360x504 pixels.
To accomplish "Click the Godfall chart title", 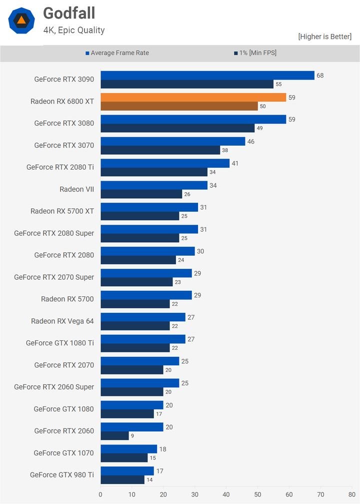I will [x=69, y=14].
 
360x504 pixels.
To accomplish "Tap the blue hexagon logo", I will [x=21, y=21].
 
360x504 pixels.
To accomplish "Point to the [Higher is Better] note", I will [x=324, y=37].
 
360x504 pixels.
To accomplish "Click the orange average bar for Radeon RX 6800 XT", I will [x=193, y=98].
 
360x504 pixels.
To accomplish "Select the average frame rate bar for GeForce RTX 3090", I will [x=207, y=76].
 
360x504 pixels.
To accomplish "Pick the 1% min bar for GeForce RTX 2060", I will [x=114, y=436].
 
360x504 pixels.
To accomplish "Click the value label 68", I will [x=320, y=76].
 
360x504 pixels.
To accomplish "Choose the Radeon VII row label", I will [x=76, y=189].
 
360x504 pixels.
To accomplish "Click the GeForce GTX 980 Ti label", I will [x=62, y=475].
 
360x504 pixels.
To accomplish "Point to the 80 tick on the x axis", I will [x=352, y=494].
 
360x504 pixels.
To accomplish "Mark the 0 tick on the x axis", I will [x=100, y=494].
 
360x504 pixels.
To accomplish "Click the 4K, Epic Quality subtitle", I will [x=74, y=30].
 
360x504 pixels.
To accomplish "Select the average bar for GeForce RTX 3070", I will [x=173, y=142].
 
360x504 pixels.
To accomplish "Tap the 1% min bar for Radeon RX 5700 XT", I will [x=140, y=216].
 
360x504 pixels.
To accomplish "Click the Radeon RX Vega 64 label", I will [x=62, y=321].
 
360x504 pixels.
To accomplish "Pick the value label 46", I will [x=250, y=142].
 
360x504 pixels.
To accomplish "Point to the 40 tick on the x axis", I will [x=226, y=494].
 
